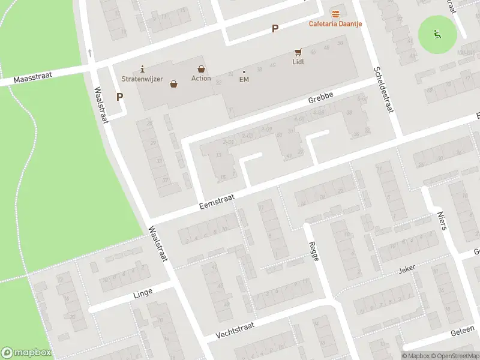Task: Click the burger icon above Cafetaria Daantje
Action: pyautogui.click(x=335, y=13)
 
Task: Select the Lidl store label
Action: pyautogui.click(x=298, y=62)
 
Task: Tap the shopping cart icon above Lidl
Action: pyautogui.click(x=298, y=52)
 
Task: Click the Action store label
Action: pyautogui.click(x=201, y=78)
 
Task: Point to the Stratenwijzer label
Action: pyautogui.click(x=142, y=79)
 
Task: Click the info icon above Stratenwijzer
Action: pyautogui.click(x=142, y=68)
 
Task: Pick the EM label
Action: pyautogui.click(x=244, y=79)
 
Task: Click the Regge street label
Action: pyautogui.click(x=314, y=250)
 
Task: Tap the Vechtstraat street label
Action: pyautogui.click(x=235, y=327)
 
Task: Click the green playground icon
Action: pyautogui.click(x=437, y=34)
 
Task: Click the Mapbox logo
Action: pyautogui.click(x=26, y=352)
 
